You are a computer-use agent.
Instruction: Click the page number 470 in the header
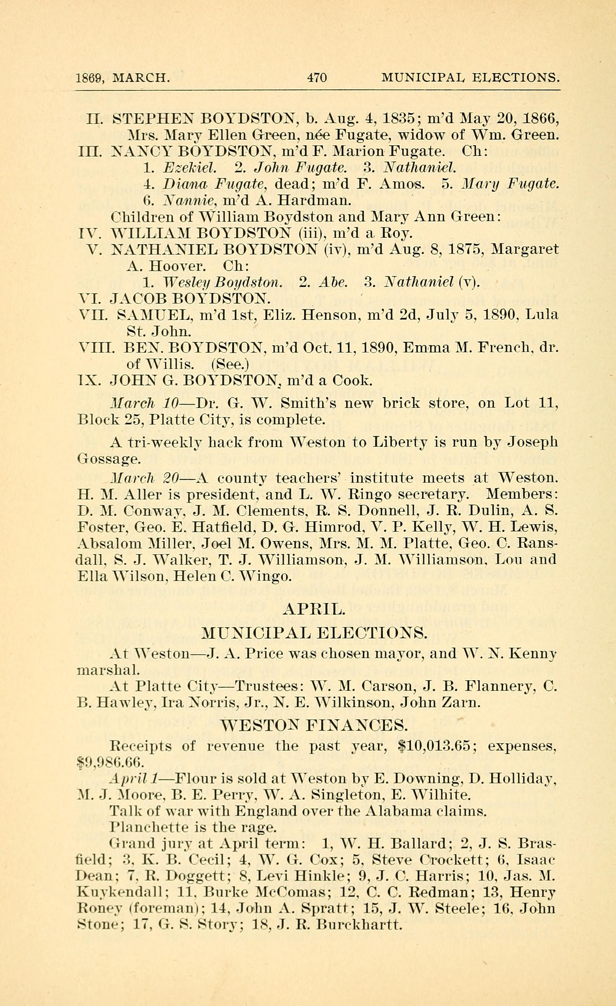point(317,77)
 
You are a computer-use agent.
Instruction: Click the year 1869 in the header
point(88,78)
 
